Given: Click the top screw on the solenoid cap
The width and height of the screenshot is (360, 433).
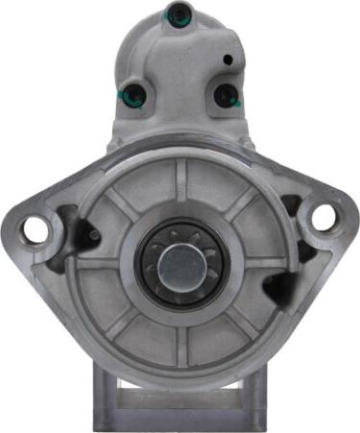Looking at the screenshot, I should point(177,13).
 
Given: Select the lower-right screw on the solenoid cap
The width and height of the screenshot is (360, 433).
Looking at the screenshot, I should point(225,94).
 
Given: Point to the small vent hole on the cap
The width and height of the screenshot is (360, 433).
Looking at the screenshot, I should point(228,60).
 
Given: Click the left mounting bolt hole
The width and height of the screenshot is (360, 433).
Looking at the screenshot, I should point(36,229).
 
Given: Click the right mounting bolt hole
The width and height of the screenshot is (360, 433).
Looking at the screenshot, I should point(324,217).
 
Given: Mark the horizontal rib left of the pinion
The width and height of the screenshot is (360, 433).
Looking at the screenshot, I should point(106,261).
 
